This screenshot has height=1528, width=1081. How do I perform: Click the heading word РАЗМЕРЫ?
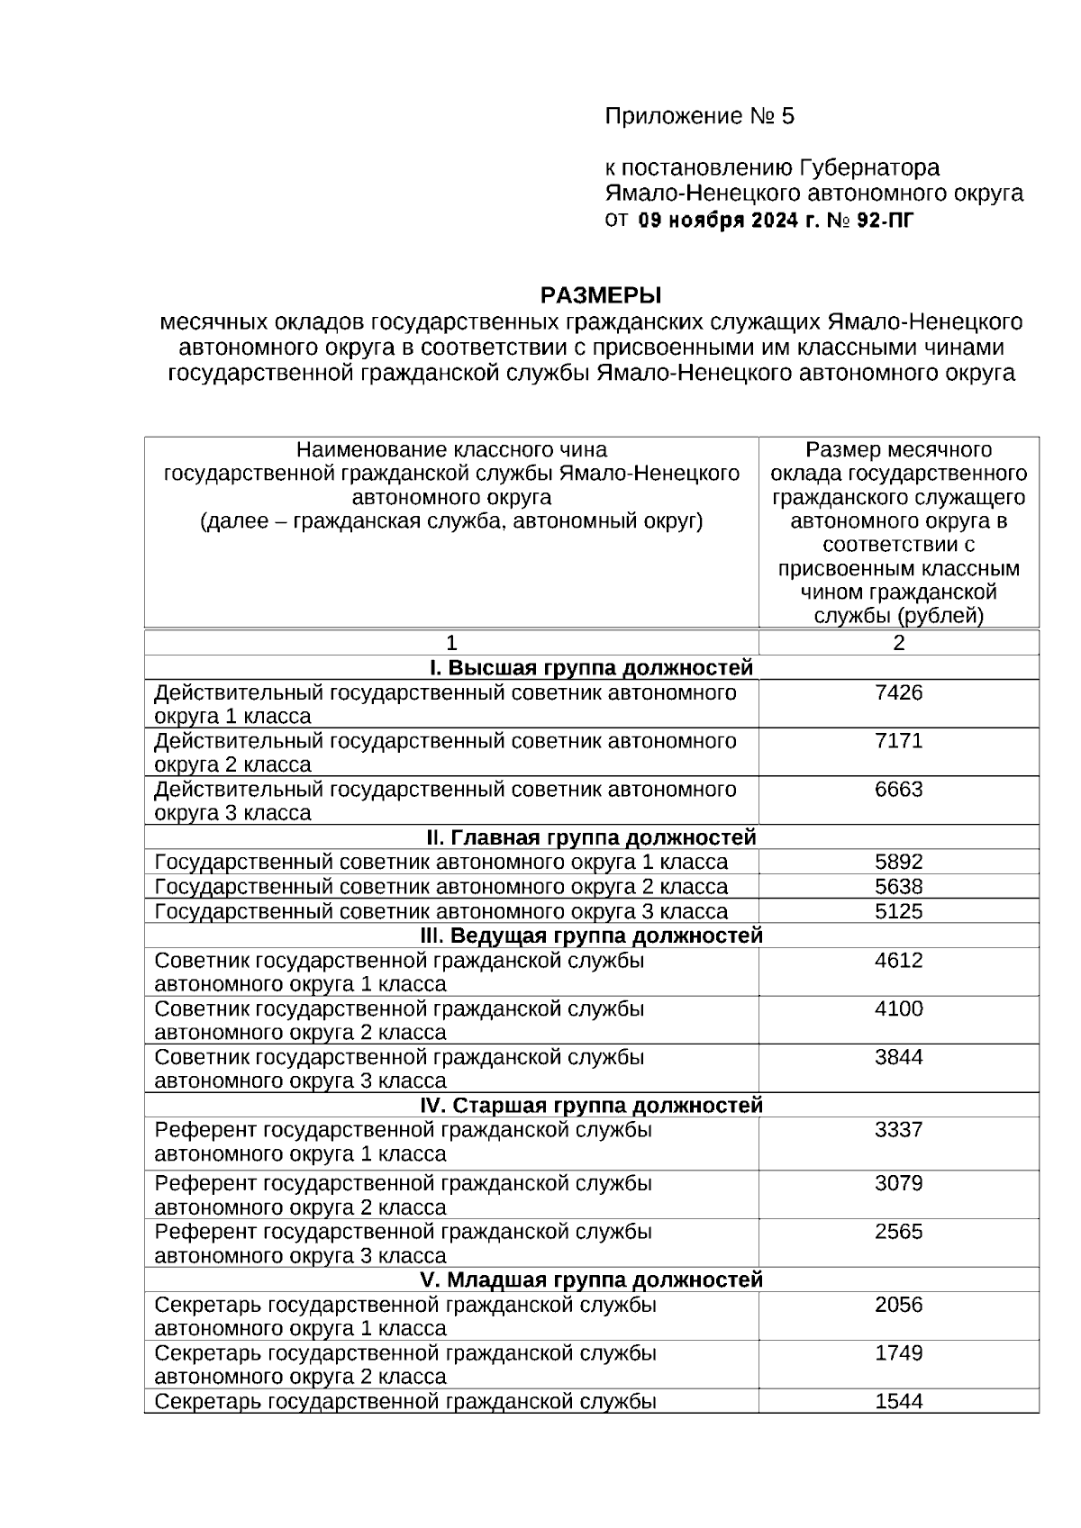pyautogui.click(x=600, y=295)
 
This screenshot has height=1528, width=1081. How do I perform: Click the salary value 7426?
pyautogui.click(x=898, y=693)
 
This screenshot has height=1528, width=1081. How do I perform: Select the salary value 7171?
pyautogui.click(x=898, y=742)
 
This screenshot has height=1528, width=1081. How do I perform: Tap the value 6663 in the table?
pyautogui.click(x=898, y=790)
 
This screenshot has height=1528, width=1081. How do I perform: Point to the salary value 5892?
pyautogui.click(x=898, y=863)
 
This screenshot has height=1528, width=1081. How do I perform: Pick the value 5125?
pyautogui.click(x=898, y=911)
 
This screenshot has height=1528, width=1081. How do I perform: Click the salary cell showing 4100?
pyautogui.click(x=898, y=1009)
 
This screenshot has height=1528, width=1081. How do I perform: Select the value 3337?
pyautogui.click(x=898, y=1130)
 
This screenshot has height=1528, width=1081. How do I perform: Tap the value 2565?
pyautogui.click(x=898, y=1232)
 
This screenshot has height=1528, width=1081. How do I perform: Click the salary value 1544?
pyautogui.click(x=898, y=1401)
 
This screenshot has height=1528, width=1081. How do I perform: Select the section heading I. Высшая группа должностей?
pyautogui.click(x=590, y=668)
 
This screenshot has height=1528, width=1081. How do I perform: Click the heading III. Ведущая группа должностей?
pyautogui.click(x=592, y=936)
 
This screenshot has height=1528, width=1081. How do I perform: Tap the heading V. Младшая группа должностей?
pyautogui.click(x=591, y=1279)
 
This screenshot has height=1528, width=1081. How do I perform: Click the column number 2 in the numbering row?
pyautogui.click(x=898, y=643)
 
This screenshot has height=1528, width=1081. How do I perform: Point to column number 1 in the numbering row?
pyautogui.click(x=451, y=643)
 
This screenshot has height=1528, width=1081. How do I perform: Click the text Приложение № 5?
pyautogui.click(x=699, y=117)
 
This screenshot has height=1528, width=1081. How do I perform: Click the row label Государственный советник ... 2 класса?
pyautogui.click(x=441, y=887)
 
